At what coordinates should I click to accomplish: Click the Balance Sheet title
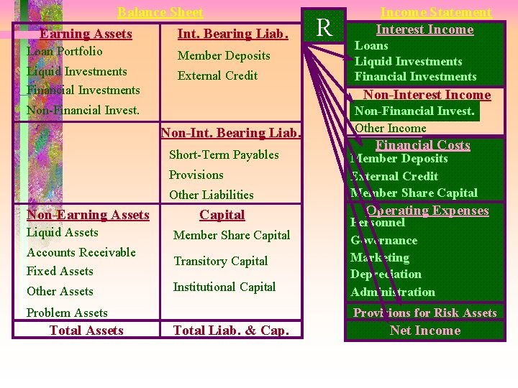tap(160, 12)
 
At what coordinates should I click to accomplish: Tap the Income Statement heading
tap(435, 12)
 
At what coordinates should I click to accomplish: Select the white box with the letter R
tap(324, 28)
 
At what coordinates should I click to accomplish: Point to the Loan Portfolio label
tap(65, 52)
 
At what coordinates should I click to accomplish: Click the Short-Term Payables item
tap(224, 154)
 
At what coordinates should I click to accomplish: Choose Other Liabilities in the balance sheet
tap(212, 195)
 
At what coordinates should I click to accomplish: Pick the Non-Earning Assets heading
tap(88, 215)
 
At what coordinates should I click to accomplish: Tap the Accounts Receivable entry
tap(81, 252)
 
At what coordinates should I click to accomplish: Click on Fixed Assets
tap(60, 271)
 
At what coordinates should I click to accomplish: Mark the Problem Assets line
tap(67, 313)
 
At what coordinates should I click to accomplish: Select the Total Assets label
tap(86, 331)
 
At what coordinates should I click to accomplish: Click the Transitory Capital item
tap(221, 261)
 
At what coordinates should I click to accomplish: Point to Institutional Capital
tap(224, 287)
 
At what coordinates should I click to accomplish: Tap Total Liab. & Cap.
tap(232, 331)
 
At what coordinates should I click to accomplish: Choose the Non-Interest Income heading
tap(427, 95)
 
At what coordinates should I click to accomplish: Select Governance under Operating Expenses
tap(384, 240)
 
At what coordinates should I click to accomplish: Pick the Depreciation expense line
tap(386, 274)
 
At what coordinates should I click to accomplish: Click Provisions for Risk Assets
tap(424, 313)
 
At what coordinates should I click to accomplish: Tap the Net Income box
tap(424, 331)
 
